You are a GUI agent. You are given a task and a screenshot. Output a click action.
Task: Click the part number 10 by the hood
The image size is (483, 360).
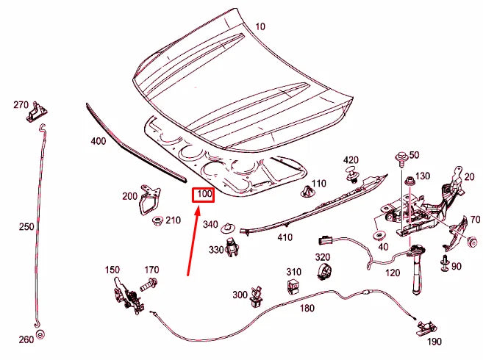tap(260, 26)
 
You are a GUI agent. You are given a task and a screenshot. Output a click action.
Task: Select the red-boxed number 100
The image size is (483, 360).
tap(203, 195)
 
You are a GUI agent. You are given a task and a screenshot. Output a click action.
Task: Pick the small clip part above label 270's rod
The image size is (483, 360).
tap(37, 112)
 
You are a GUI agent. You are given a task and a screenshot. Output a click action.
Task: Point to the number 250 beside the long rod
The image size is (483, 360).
tap(26, 227)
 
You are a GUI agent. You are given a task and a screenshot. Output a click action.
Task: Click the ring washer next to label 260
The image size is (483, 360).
tap(40, 335)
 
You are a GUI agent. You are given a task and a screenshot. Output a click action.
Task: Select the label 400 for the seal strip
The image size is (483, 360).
tap(98, 141)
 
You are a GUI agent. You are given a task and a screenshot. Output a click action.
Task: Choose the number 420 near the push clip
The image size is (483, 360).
tap(351, 160)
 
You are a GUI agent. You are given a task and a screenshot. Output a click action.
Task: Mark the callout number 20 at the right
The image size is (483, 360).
tap(470, 176)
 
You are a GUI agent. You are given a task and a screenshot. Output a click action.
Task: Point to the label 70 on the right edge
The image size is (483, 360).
tap(475, 220)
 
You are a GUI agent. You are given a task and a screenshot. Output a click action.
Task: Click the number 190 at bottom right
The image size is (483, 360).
tap(434, 342)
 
